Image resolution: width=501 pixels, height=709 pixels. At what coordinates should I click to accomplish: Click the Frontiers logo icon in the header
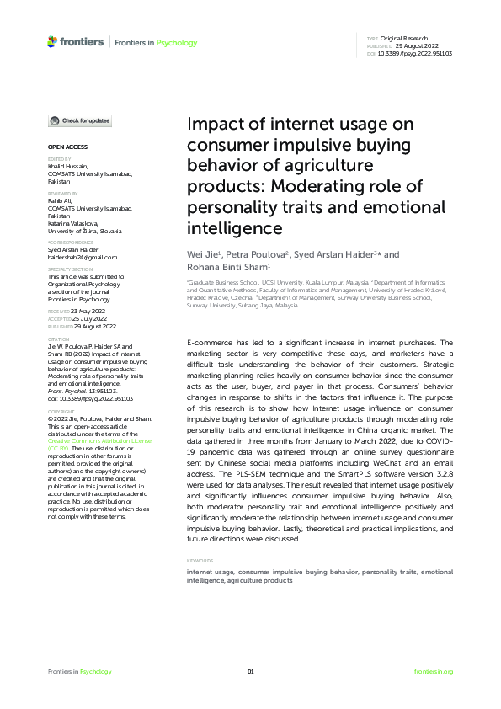point(53,41)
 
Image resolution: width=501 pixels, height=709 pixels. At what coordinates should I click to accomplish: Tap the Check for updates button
point(79,121)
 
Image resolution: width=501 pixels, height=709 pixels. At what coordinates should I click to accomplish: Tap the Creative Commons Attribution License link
point(99,440)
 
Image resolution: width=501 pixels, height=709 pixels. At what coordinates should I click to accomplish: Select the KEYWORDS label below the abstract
point(200,537)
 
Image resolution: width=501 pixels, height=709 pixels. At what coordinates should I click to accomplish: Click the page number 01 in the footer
point(250,671)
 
